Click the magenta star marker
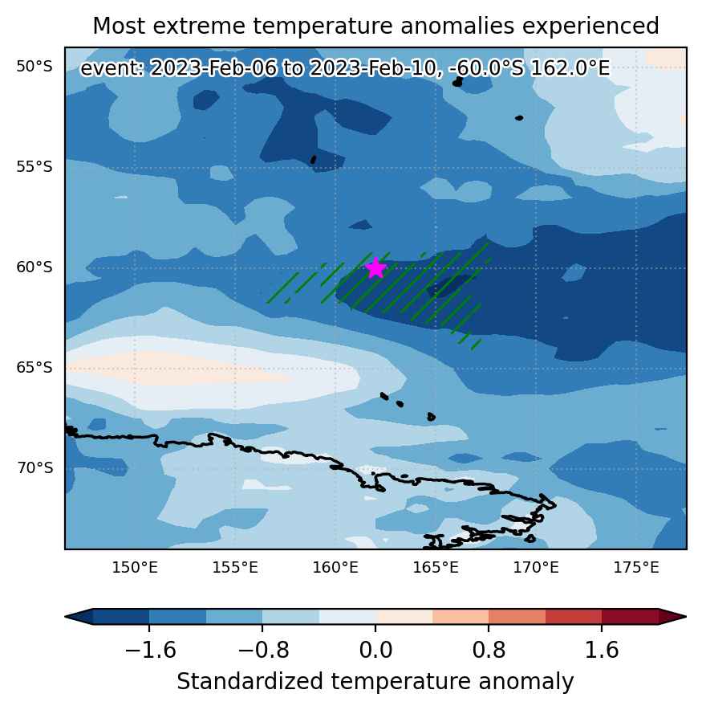375,268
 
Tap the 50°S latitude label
34,67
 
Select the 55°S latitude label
34,166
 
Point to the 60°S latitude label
34,267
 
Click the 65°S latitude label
34,367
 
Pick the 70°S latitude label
34,467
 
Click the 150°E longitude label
135,567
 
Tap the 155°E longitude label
235,567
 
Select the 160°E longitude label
335,567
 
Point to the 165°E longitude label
436,567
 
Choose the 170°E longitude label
536,567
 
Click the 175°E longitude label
636,567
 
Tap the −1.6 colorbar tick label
150,651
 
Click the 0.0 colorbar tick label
375,651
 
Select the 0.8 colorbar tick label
489,651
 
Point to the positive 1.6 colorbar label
602,651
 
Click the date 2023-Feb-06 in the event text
213,69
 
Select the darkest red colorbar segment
630,617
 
